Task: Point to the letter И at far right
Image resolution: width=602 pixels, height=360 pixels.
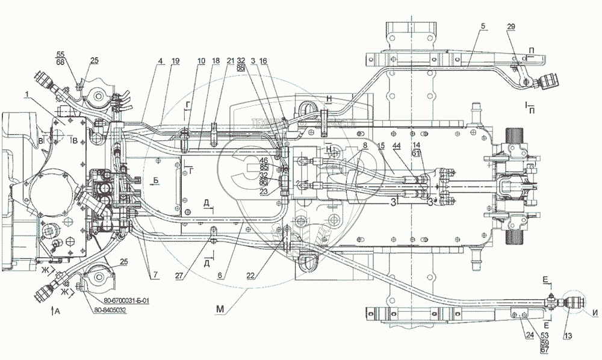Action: (595, 311)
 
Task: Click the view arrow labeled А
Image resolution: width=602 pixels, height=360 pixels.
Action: (57, 312)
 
